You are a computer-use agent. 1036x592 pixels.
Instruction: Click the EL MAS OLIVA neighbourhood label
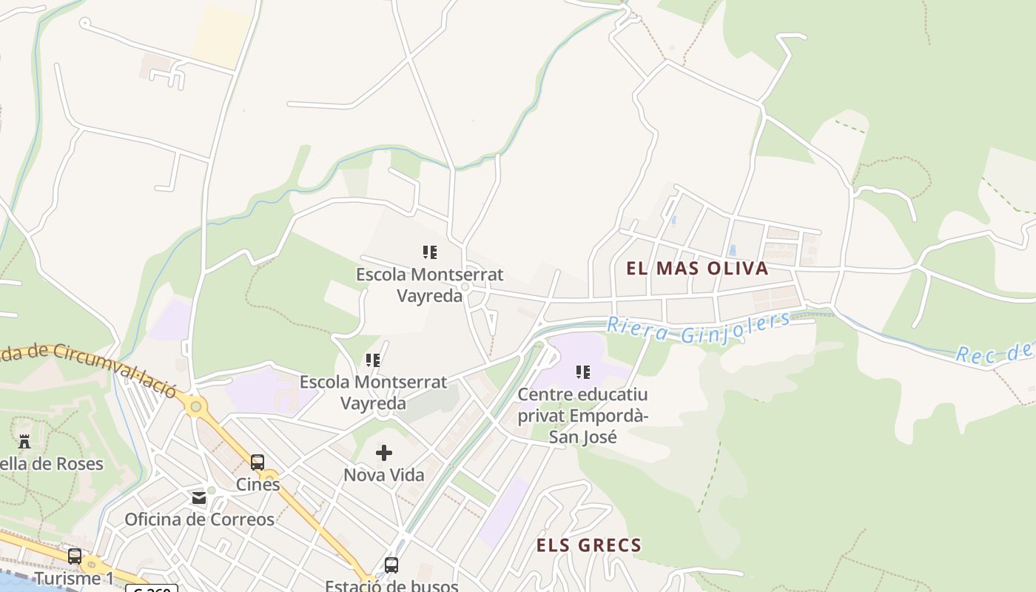[697, 268]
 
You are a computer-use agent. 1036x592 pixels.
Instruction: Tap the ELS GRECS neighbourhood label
[588, 546]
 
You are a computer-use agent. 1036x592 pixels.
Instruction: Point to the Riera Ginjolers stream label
[698, 329]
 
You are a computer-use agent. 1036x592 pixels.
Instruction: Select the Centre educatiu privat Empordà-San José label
[582, 415]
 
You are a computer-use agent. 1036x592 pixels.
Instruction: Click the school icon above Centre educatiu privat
[582, 372]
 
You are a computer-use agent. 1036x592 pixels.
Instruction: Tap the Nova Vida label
[384, 475]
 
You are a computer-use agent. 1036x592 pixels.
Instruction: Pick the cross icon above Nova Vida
[384, 453]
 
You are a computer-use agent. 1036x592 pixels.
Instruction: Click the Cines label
[258, 485]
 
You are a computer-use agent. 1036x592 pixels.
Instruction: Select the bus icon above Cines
[258, 462]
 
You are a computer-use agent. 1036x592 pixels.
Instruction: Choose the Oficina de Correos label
[199, 519]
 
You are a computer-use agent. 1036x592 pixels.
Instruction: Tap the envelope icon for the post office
[199, 498]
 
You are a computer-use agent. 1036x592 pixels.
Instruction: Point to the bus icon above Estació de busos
[391, 565]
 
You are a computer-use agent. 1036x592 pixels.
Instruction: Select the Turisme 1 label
[74, 578]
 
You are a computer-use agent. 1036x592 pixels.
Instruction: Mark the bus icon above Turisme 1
[75, 556]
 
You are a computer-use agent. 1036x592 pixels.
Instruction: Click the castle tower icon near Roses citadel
[24, 442]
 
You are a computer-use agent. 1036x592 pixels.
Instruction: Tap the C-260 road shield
[152, 589]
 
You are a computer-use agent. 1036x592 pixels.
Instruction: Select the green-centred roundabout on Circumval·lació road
[195, 406]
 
